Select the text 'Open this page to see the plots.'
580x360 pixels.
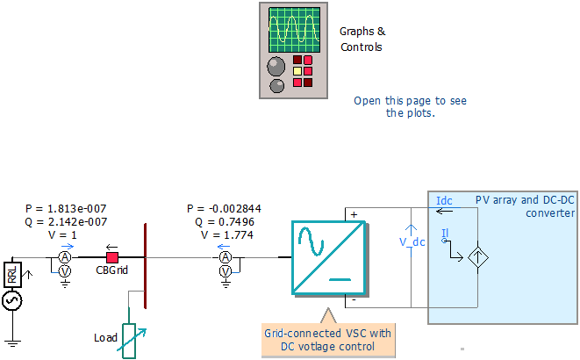tap(410, 106)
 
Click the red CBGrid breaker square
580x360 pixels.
tap(112, 257)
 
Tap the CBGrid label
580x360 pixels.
tap(112, 270)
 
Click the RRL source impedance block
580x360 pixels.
tap(13, 274)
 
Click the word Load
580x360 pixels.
tap(105, 337)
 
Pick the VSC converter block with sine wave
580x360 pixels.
tap(326, 256)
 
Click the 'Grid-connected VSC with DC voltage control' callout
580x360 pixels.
tap(328, 340)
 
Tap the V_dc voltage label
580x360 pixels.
tap(412, 242)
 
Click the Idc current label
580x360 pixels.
tap(445, 202)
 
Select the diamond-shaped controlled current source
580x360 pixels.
tap(479, 256)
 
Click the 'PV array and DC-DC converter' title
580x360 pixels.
tap(525, 206)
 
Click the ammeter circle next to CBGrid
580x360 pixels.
tap(64, 257)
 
